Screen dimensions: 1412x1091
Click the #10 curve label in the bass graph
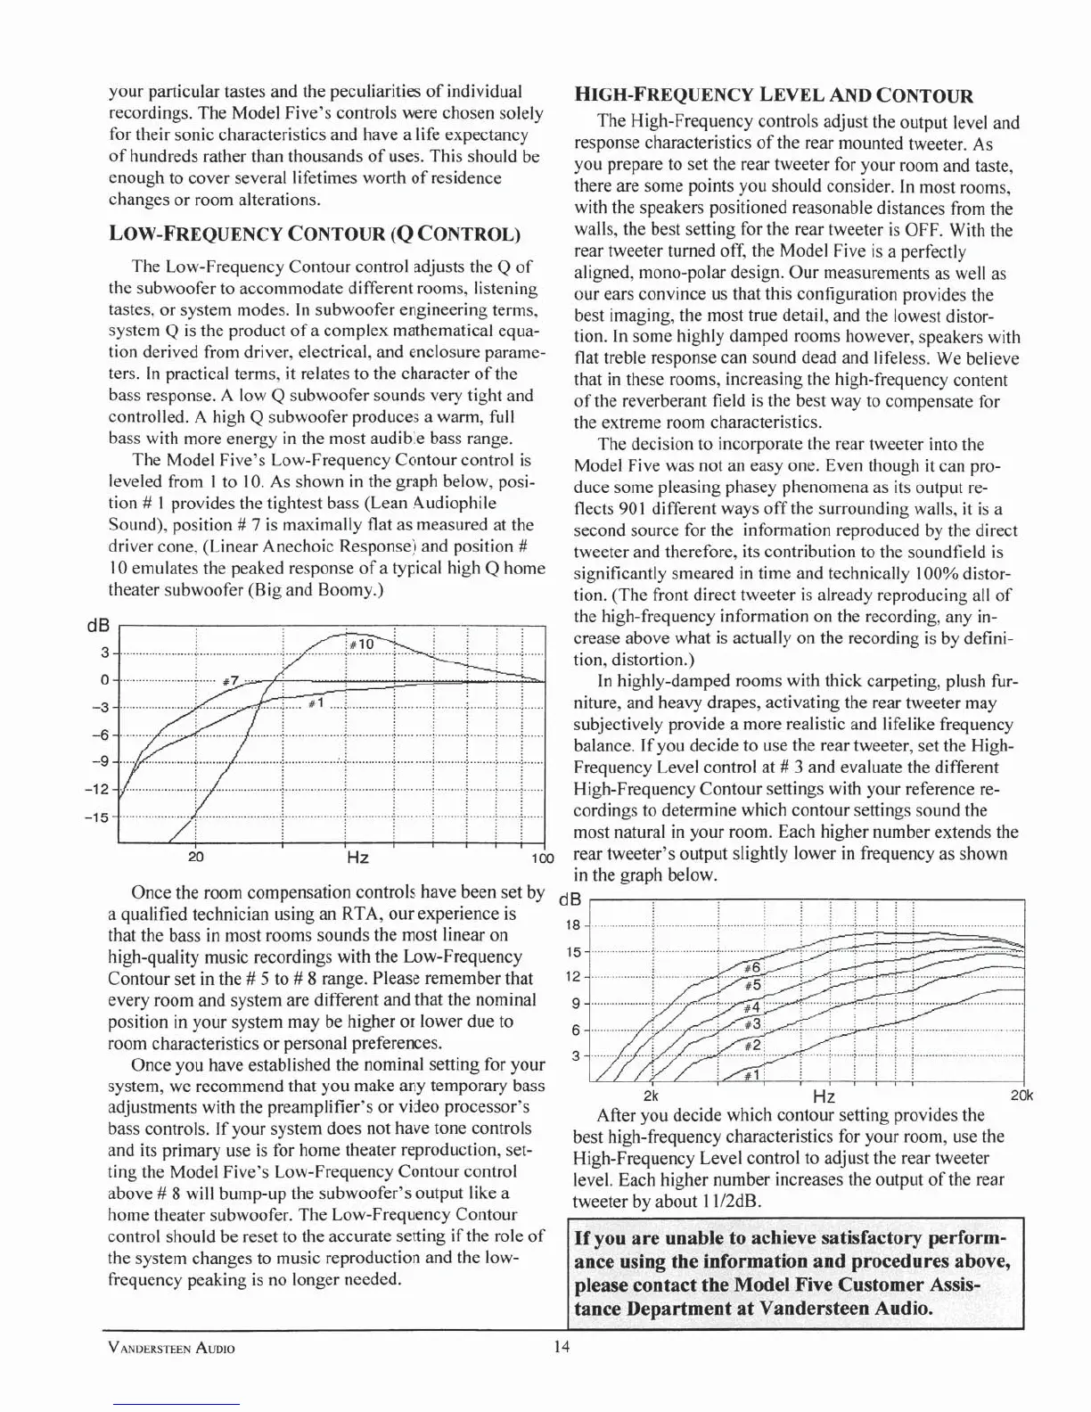[x=360, y=644]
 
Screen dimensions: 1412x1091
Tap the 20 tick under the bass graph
[x=195, y=858]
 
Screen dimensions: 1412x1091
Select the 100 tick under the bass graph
[x=542, y=858]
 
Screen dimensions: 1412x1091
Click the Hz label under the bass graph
[x=357, y=858]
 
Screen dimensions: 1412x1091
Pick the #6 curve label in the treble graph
[x=751, y=967]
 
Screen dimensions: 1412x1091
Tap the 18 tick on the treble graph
[x=574, y=924]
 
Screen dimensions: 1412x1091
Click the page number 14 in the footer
[x=562, y=1347]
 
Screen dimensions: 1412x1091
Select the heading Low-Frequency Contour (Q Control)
[x=314, y=234]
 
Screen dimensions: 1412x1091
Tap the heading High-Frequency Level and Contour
[x=773, y=96]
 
